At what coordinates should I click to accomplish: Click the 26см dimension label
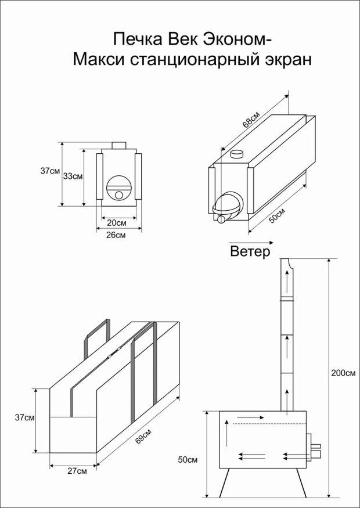(x=117, y=235)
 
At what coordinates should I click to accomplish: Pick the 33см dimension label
(x=73, y=175)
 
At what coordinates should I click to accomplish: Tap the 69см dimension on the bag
(x=143, y=437)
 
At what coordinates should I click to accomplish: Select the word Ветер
(x=250, y=252)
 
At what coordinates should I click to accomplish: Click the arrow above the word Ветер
(x=243, y=240)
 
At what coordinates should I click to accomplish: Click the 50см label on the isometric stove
(x=278, y=215)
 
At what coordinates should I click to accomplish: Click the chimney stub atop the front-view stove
(x=119, y=145)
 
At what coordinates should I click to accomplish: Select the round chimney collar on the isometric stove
(x=237, y=154)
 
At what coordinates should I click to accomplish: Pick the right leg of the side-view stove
(x=301, y=482)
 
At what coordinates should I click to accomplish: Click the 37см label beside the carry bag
(x=25, y=417)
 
